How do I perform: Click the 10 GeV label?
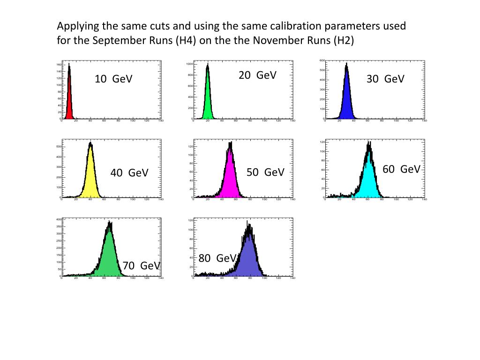(x=113, y=79)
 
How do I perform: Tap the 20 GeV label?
(x=257, y=75)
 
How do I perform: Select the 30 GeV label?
(x=385, y=79)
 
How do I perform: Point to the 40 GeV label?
(x=129, y=173)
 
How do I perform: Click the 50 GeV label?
(x=265, y=172)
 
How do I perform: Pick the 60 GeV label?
(x=402, y=169)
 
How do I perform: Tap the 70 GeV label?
(x=142, y=266)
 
